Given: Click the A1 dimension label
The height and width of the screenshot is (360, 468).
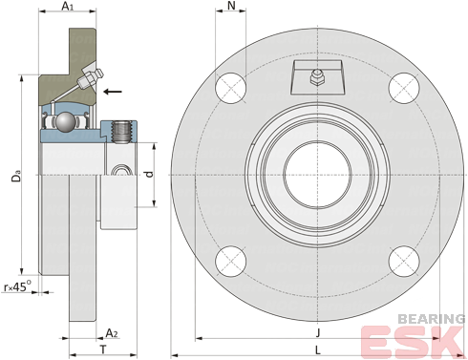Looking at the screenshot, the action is [67, 6].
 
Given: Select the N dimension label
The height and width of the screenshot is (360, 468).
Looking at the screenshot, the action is [231, 6].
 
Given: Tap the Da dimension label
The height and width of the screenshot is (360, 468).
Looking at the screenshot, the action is [16, 177].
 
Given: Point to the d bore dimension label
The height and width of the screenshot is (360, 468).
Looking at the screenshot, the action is [149, 174].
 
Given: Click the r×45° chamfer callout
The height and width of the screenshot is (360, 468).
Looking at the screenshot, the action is [17, 286].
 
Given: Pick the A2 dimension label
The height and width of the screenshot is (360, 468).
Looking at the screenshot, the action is [112, 333].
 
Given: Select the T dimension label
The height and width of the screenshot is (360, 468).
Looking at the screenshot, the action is [103, 349].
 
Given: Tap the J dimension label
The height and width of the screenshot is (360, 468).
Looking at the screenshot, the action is [318, 333].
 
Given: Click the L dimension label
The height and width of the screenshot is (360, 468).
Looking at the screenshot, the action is [318, 350].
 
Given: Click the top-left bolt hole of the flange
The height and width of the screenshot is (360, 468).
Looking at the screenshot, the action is [231, 88].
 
